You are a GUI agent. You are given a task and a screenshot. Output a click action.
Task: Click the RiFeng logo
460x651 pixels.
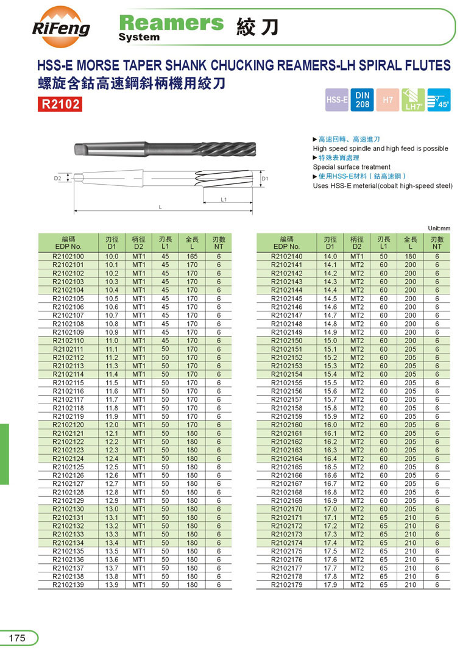click(61, 27)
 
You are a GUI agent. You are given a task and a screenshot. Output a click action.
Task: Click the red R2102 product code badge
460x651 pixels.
click(60, 104)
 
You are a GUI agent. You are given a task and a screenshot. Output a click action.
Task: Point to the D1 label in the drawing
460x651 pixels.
click(265, 179)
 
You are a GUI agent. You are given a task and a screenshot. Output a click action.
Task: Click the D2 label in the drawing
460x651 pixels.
click(57, 179)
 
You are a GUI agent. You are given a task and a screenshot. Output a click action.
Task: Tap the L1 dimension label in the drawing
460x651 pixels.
click(224, 199)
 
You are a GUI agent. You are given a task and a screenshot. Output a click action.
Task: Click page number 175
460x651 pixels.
click(17, 638)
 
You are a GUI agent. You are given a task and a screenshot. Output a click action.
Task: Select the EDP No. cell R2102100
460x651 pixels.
click(68, 257)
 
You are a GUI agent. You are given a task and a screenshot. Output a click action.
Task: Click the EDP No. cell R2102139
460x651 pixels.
click(68, 585)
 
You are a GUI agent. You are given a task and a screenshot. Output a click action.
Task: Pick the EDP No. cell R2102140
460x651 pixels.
click(286, 257)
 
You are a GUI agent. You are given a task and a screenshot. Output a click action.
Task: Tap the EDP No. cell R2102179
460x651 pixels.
click(286, 585)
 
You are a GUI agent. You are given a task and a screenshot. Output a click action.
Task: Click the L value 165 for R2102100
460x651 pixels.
click(192, 257)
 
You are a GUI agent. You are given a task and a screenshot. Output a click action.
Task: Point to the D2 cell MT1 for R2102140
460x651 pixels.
click(356, 257)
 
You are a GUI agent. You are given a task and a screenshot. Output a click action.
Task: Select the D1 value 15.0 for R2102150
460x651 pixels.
click(330, 341)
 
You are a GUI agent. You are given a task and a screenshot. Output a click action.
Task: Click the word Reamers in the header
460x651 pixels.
click(171, 23)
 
